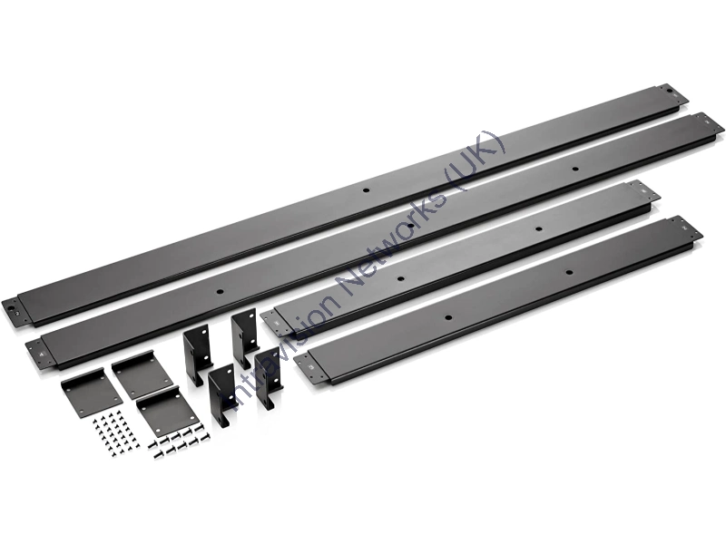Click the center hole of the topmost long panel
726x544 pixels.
[x=366, y=189]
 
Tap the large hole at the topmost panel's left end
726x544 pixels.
[x=10, y=307]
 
